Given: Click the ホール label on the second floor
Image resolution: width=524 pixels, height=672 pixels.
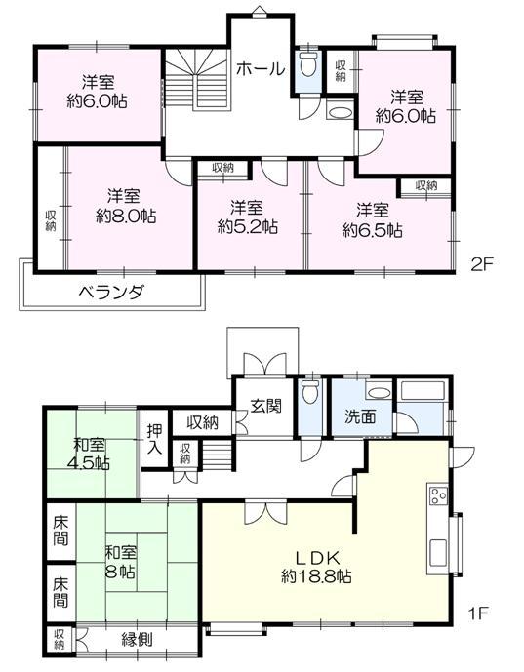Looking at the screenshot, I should coord(260,69).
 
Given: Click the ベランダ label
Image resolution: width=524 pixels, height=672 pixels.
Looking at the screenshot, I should coord(112,291).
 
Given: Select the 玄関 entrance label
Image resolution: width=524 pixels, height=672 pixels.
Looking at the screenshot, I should coord(264,408).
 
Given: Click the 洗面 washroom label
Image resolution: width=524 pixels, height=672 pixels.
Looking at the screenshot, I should coord(358,416).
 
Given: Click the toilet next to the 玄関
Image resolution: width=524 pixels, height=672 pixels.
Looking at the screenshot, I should coord(310,394).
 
